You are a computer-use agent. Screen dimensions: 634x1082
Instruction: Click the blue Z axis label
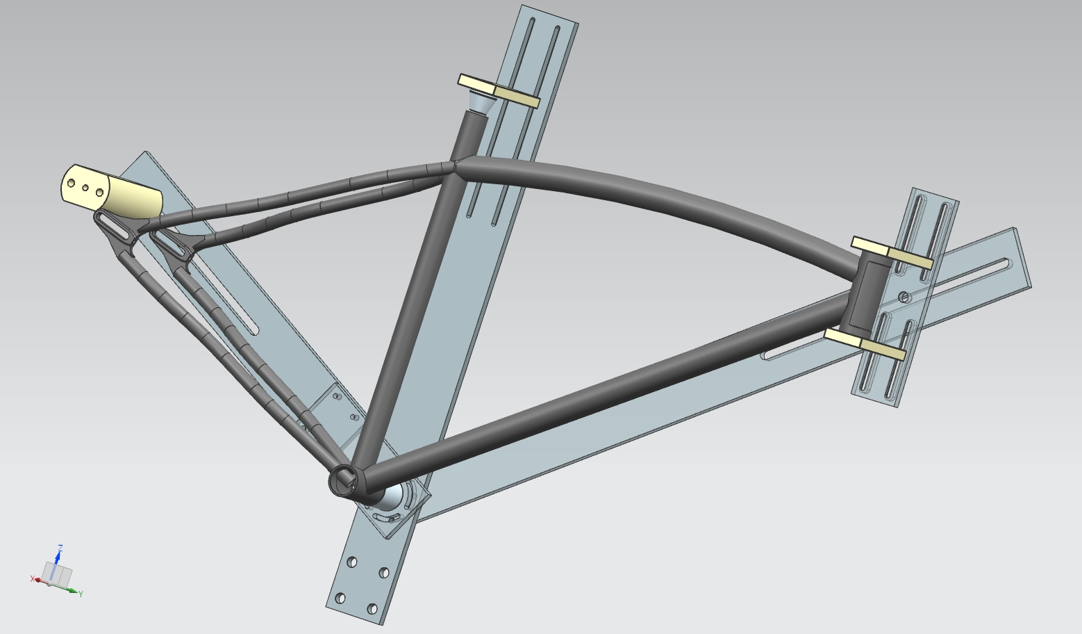point(60,548)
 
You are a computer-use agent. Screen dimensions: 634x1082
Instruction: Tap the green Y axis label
point(81,594)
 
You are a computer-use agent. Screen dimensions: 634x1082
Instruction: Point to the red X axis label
point(32,578)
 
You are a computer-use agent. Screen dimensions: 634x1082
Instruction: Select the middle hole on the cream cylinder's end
point(85,188)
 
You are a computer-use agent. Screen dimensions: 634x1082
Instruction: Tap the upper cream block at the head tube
point(892,252)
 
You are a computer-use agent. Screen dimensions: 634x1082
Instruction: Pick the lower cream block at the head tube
point(865,344)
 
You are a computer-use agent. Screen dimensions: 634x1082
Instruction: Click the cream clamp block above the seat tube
point(498,90)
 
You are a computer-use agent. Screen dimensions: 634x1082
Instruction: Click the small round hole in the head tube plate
point(904,297)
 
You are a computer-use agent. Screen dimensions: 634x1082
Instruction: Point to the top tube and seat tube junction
point(455,166)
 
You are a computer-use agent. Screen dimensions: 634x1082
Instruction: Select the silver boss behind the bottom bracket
point(390,496)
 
